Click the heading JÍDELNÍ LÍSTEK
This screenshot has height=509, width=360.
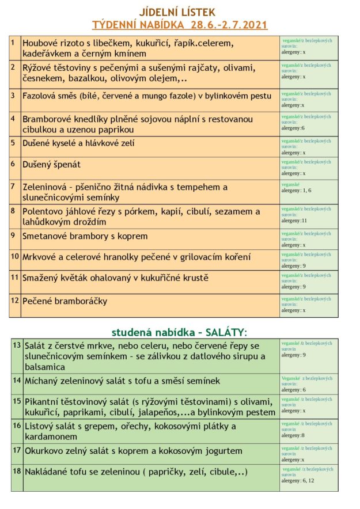180,13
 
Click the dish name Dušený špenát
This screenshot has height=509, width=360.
51,165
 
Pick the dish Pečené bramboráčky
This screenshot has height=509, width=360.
65,301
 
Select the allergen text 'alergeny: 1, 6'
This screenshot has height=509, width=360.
296,190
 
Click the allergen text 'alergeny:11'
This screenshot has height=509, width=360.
295,221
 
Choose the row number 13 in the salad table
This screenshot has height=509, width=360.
16,344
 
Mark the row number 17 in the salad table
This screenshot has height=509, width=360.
16,450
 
